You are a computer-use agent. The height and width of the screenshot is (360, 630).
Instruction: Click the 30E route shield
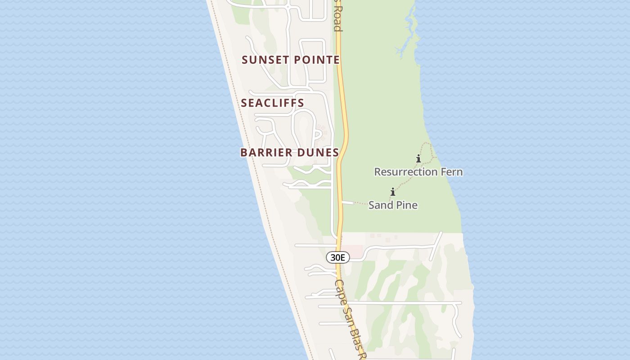(338, 257)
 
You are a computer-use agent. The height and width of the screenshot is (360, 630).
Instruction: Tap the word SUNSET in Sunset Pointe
(263, 60)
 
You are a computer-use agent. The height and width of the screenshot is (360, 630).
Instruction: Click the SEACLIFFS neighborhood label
(273, 103)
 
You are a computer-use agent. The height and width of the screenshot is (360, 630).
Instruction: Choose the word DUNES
(318, 153)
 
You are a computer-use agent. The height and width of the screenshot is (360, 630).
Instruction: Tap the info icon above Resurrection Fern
(418, 158)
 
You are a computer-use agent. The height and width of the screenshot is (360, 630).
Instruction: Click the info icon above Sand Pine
(393, 192)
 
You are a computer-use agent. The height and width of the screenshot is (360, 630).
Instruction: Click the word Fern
(451, 172)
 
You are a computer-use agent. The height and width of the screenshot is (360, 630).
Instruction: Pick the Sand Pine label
(393, 205)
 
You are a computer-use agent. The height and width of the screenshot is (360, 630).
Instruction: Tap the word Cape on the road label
(340, 291)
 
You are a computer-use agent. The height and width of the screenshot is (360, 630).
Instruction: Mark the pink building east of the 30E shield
(355, 252)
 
